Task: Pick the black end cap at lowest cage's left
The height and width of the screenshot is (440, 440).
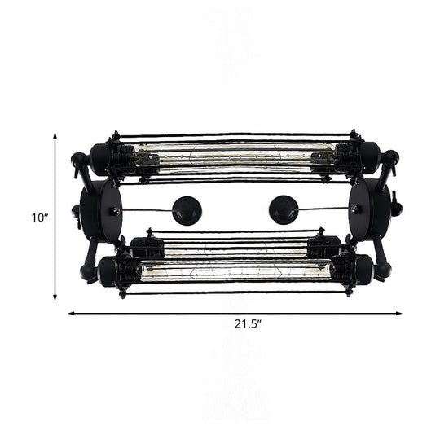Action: click(108, 271)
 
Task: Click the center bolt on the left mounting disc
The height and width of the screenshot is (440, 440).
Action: click(117, 211)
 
